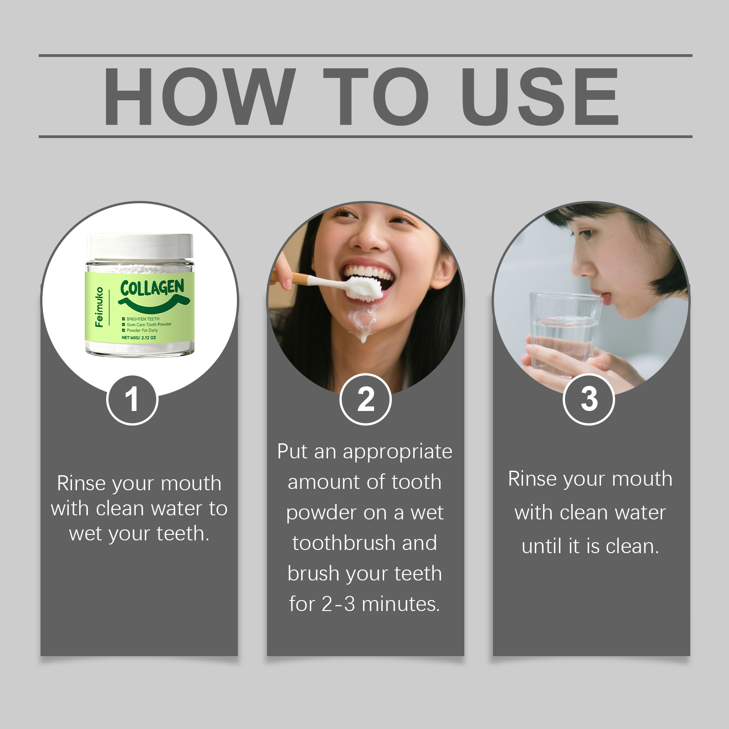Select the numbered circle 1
(x=132, y=400)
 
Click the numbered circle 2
(x=365, y=400)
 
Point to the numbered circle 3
(x=589, y=400)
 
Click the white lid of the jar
(x=140, y=246)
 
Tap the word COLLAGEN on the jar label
(x=152, y=287)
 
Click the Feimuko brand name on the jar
(x=99, y=307)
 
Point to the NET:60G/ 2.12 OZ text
(x=139, y=338)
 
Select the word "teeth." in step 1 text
(x=183, y=534)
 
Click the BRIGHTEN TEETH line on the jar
(x=143, y=319)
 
